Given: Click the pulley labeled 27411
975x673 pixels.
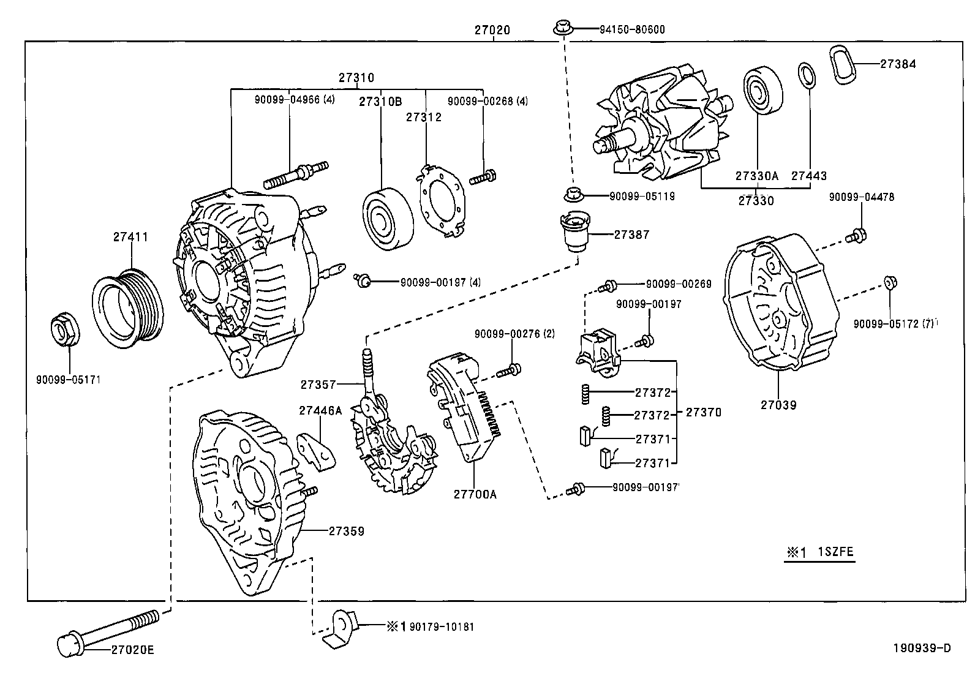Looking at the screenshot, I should pyautogui.click(x=128, y=306).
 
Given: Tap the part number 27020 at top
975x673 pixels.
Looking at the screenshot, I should pyautogui.click(x=492, y=29).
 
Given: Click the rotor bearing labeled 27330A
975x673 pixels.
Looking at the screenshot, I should pyautogui.click(x=763, y=92).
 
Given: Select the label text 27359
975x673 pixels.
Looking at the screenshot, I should pyautogui.click(x=346, y=531).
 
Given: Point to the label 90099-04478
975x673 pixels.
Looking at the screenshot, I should pyautogui.click(x=861, y=197).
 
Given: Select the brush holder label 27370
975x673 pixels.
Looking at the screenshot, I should pyautogui.click(x=703, y=413).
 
